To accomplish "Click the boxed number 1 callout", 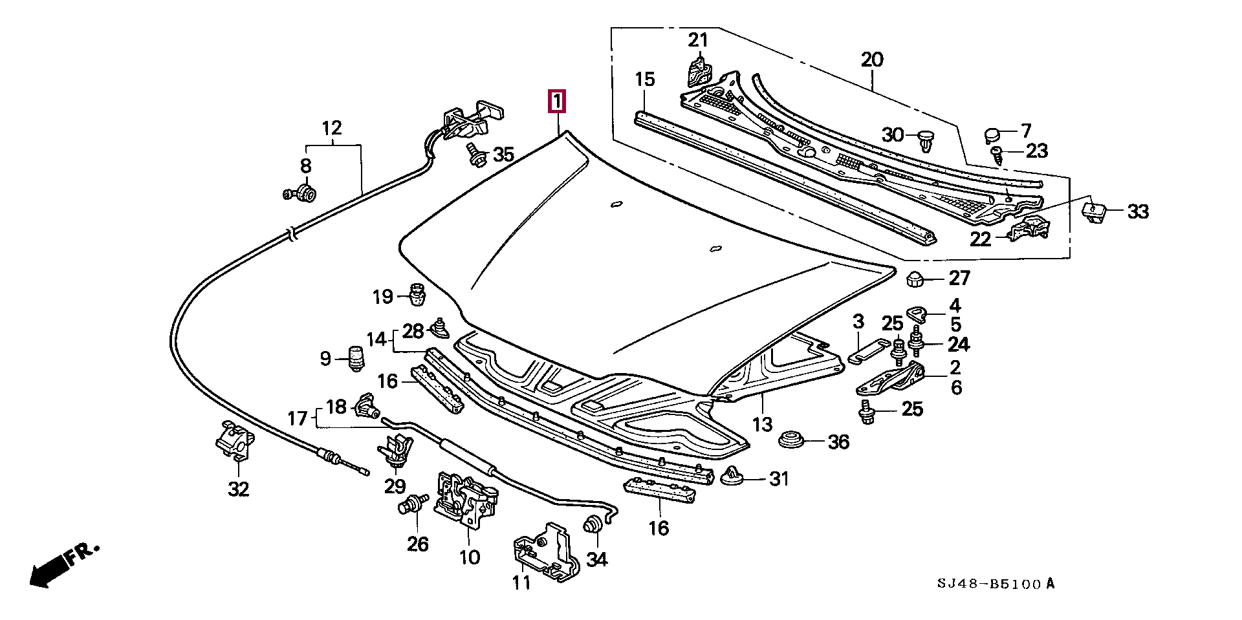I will [556, 102].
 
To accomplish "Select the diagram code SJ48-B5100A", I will [996, 584].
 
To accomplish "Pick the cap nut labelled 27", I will [915, 279].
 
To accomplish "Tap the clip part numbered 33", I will [1093, 211].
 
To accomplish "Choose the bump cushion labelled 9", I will [356, 358].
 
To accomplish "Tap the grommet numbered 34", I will [592, 524].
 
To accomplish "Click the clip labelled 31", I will [732, 476].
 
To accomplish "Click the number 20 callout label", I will [872, 60].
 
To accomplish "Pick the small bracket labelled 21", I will [697, 70].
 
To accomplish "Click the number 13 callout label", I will [763, 424].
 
